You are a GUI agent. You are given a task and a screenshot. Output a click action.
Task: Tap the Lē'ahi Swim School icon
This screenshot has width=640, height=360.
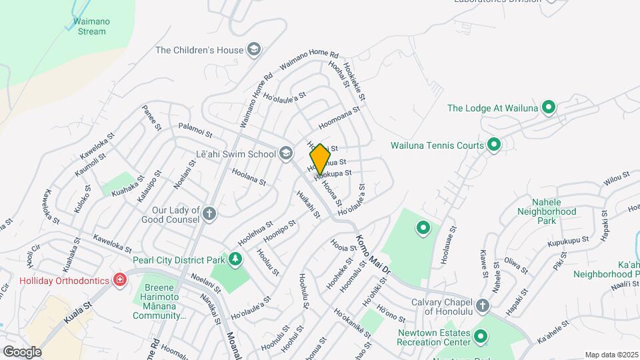pos(286,154)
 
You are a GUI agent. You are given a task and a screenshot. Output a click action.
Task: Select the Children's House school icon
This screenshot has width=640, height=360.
pos(254,49)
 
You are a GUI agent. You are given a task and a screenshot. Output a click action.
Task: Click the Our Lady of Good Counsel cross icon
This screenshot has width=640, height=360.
pos(209,214)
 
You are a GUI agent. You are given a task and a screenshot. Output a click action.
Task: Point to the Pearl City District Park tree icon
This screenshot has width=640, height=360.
pos(235,259)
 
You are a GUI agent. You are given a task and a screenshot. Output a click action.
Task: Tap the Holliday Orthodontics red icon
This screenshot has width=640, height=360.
pos(120,280)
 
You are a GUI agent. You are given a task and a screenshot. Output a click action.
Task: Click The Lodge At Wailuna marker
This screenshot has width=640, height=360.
pos(548,107)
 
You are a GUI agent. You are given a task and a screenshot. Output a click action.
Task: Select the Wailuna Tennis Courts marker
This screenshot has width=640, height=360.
pos(494,144)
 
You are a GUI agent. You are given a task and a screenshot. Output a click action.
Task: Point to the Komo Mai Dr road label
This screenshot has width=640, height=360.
pos(371,255)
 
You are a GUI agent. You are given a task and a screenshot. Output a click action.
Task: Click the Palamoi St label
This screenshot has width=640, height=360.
pos(195,126)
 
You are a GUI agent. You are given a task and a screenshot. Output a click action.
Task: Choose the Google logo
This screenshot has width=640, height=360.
pos(22,351)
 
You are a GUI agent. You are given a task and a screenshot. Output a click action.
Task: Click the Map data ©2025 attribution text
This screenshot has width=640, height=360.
pos(611,355)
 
